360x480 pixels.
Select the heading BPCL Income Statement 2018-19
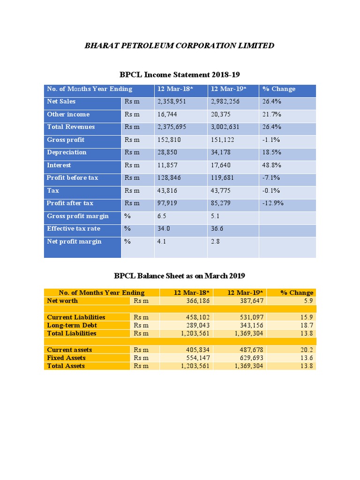(180, 75)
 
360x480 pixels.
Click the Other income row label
(68, 114)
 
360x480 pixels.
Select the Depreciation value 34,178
(222, 152)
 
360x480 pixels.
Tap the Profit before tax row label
(72, 178)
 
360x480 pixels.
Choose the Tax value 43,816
(167, 190)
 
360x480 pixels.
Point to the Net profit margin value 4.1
(162, 241)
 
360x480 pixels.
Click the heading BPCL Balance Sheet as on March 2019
(180, 276)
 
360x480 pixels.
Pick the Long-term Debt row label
(72, 325)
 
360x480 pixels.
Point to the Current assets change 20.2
(307, 350)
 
